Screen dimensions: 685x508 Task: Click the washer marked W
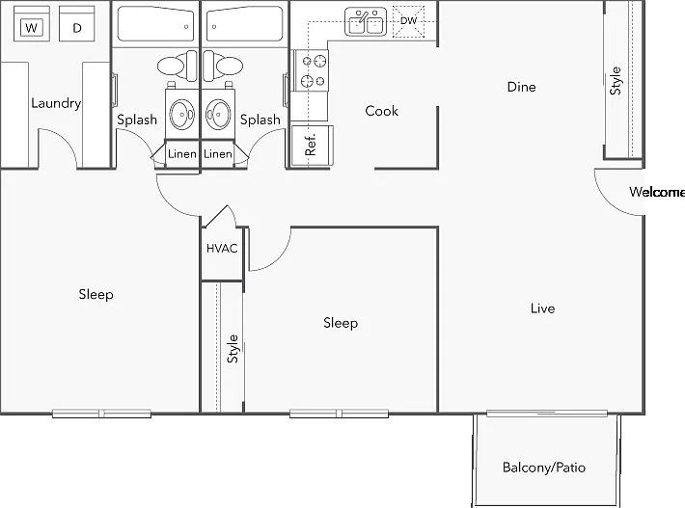[x=32, y=24]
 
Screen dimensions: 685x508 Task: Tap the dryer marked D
[x=77, y=24]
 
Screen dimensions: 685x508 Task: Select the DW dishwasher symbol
[x=408, y=21]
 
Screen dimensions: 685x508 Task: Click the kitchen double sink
[x=366, y=21]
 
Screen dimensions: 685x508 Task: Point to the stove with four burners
[x=310, y=70]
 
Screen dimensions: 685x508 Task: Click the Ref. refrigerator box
[x=312, y=146]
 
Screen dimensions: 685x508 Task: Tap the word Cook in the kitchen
[x=381, y=111]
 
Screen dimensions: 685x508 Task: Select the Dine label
[x=521, y=87]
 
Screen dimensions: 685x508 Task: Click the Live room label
[x=542, y=308]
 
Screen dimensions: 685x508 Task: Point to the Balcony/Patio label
[x=544, y=468]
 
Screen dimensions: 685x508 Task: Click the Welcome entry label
[x=657, y=192]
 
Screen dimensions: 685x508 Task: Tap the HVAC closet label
[x=222, y=249]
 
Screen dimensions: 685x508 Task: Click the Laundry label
[x=56, y=103]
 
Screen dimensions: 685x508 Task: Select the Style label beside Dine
[x=616, y=81]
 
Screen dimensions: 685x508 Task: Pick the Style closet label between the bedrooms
[x=233, y=349]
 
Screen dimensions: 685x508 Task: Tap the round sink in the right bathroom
[x=217, y=115]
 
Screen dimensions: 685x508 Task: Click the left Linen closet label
[x=182, y=153]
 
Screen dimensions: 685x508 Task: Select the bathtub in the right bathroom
[x=245, y=23]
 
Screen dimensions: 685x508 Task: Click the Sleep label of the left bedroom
[x=96, y=295]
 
